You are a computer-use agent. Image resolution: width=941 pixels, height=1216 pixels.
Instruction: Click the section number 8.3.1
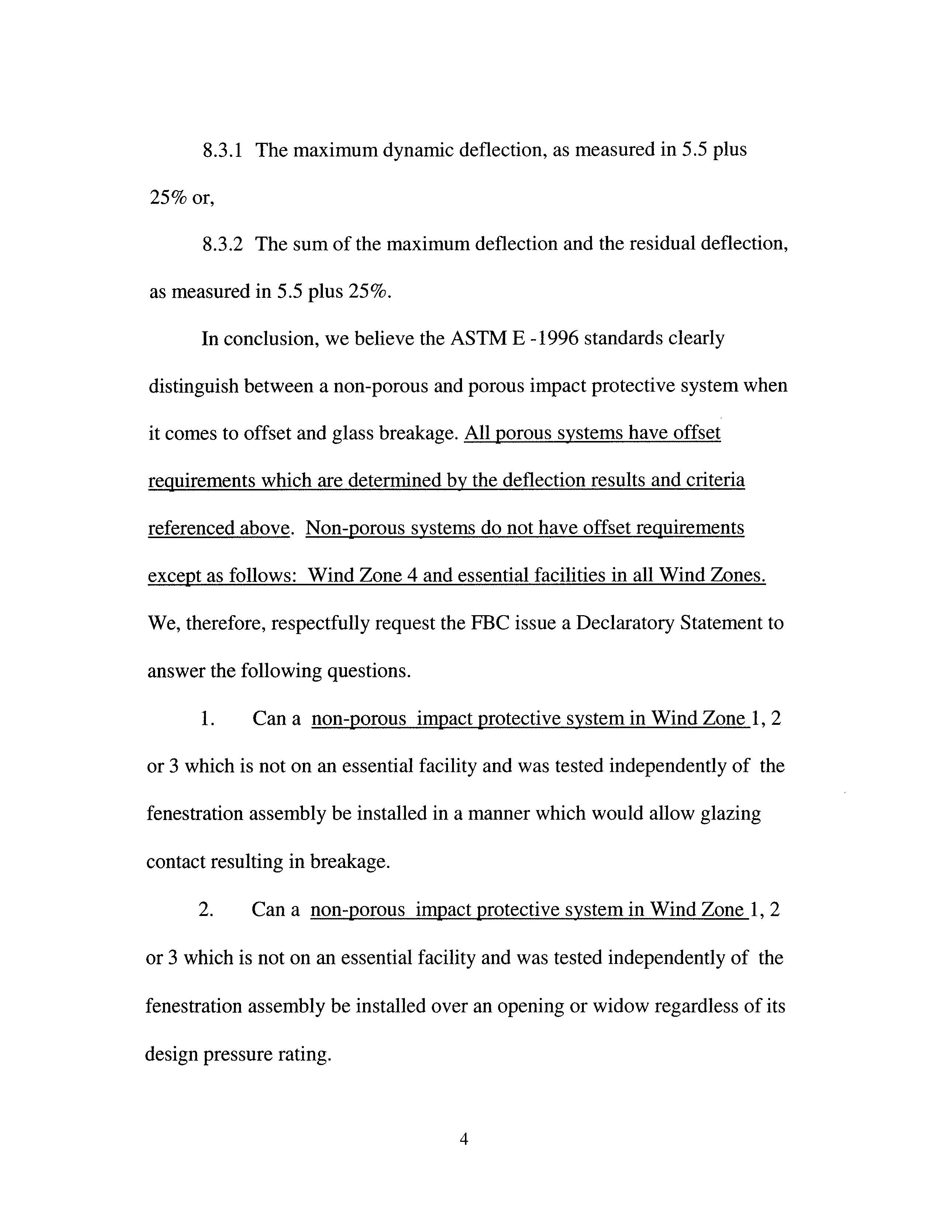222,150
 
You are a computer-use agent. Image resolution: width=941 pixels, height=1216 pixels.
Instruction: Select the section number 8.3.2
222,244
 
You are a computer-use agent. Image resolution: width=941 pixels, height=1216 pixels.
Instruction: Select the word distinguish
193,386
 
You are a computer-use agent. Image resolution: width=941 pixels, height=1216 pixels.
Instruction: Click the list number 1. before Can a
207,719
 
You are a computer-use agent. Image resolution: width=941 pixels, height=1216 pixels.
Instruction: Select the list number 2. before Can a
206,910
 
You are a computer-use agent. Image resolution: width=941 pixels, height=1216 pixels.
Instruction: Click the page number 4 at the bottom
464,1140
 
